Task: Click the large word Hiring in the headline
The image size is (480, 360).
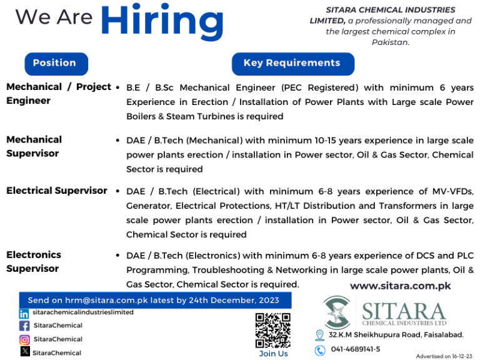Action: point(162,22)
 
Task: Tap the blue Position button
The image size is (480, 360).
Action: point(55,63)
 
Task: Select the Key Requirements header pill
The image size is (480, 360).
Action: point(292,63)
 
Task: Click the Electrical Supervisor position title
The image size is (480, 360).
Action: point(57,191)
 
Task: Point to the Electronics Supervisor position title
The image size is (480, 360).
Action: point(34,261)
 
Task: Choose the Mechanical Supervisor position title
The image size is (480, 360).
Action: point(34,146)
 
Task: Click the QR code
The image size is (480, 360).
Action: point(273,329)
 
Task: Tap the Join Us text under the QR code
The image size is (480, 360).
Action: point(273,354)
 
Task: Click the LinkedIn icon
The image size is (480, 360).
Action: point(24,313)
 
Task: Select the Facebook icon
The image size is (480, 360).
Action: point(24,326)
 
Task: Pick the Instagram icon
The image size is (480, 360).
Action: point(24,339)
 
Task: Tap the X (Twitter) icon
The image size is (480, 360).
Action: point(24,352)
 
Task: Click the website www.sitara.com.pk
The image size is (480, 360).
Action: point(400,286)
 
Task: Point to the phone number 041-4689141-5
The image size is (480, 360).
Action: point(355,349)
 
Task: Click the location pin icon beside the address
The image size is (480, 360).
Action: point(319,336)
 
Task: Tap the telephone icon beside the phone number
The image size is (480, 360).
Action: point(319,350)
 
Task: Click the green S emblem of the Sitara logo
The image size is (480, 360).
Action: point(337,312)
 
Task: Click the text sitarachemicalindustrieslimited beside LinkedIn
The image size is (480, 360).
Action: point(83,312)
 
